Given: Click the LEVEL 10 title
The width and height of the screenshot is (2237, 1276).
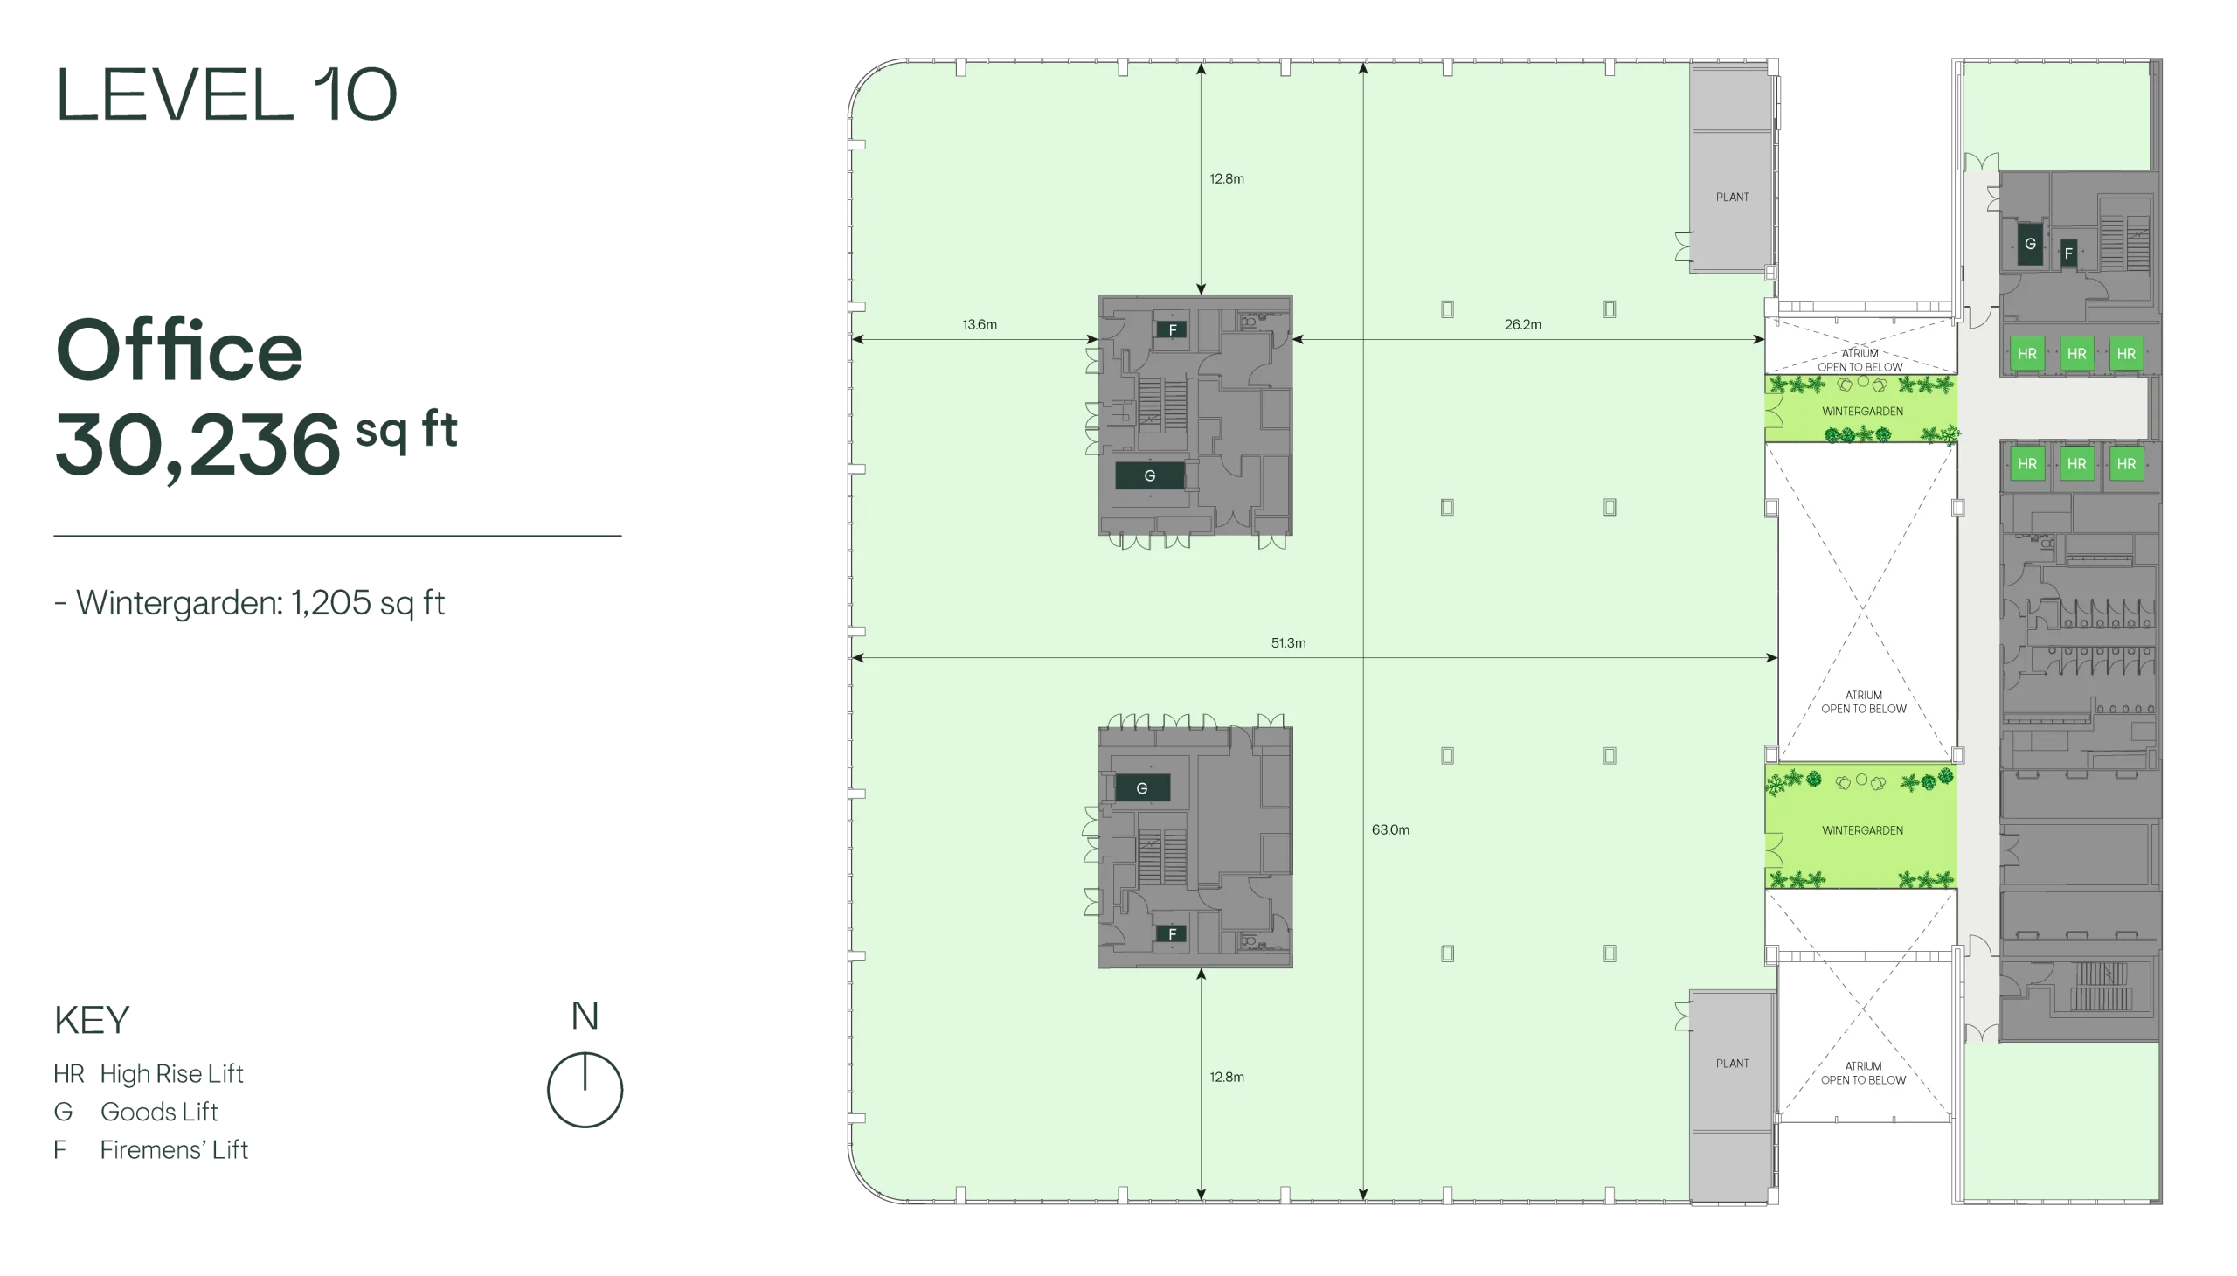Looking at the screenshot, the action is click(x=226, y=94).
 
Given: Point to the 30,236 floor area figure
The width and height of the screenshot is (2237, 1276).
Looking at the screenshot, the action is click(x=198, y=444).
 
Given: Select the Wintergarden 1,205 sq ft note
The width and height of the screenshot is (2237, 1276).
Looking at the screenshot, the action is click(x=250, y=603).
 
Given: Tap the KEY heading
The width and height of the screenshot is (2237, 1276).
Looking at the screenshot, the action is click(x=92, y=1020).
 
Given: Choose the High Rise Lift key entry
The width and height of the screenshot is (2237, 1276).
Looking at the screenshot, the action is click(x=148, y=1073).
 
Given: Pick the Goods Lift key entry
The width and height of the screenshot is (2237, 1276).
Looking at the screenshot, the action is click(x=135, y=1111).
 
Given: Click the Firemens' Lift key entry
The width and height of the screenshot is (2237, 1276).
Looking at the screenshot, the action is click(x=150, y=1149).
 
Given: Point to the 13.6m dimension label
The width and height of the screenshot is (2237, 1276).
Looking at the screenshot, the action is click(x=980, y=324).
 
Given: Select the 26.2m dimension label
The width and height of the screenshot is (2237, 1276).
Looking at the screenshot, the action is click(x=1523, y=324).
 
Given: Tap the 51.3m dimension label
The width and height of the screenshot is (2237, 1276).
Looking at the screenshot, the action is click(x=1288, y=642).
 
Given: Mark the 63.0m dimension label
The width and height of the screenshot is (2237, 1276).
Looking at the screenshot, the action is click(x=1390, y=829).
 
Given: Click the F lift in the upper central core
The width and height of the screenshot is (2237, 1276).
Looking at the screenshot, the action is click(x=1172, y=329).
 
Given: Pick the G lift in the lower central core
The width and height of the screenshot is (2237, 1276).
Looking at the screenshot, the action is click(x=1142, y=787).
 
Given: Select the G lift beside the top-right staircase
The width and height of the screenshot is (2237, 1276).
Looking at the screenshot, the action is click(x=2029, y=244).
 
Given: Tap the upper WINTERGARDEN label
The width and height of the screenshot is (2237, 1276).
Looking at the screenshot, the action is click(x=1862, y=411).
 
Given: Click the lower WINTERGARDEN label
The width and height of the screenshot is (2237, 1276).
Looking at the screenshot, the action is click(x=1862, y=830).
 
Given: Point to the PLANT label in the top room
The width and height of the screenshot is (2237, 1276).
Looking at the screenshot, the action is click(x=1731, y=198).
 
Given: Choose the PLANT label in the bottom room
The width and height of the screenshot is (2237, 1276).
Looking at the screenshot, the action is click(x=1731, y=1063).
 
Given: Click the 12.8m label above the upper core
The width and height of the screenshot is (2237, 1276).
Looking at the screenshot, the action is click(x=1227, y=179).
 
